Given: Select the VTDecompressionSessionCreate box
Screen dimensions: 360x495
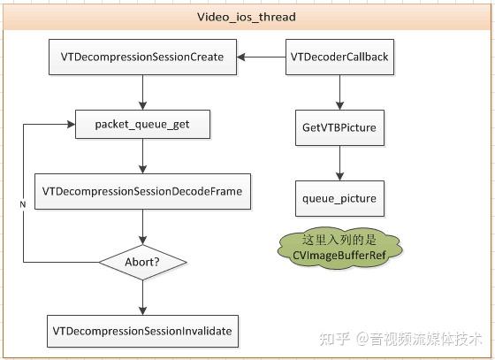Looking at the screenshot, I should pos(141,57).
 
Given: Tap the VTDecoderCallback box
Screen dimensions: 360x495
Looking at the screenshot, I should pos(339,57).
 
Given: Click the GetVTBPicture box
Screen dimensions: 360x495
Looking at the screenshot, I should pos(339,128).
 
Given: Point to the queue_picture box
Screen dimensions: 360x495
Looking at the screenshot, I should pos(339,198).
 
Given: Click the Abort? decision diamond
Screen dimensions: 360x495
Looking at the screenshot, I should pos(142,262).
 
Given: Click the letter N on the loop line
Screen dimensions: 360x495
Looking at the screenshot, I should pos(22,205).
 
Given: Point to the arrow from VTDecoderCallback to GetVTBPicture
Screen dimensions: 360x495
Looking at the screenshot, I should pos(339,92).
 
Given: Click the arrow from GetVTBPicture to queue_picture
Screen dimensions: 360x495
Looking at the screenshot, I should pos(339,163).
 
